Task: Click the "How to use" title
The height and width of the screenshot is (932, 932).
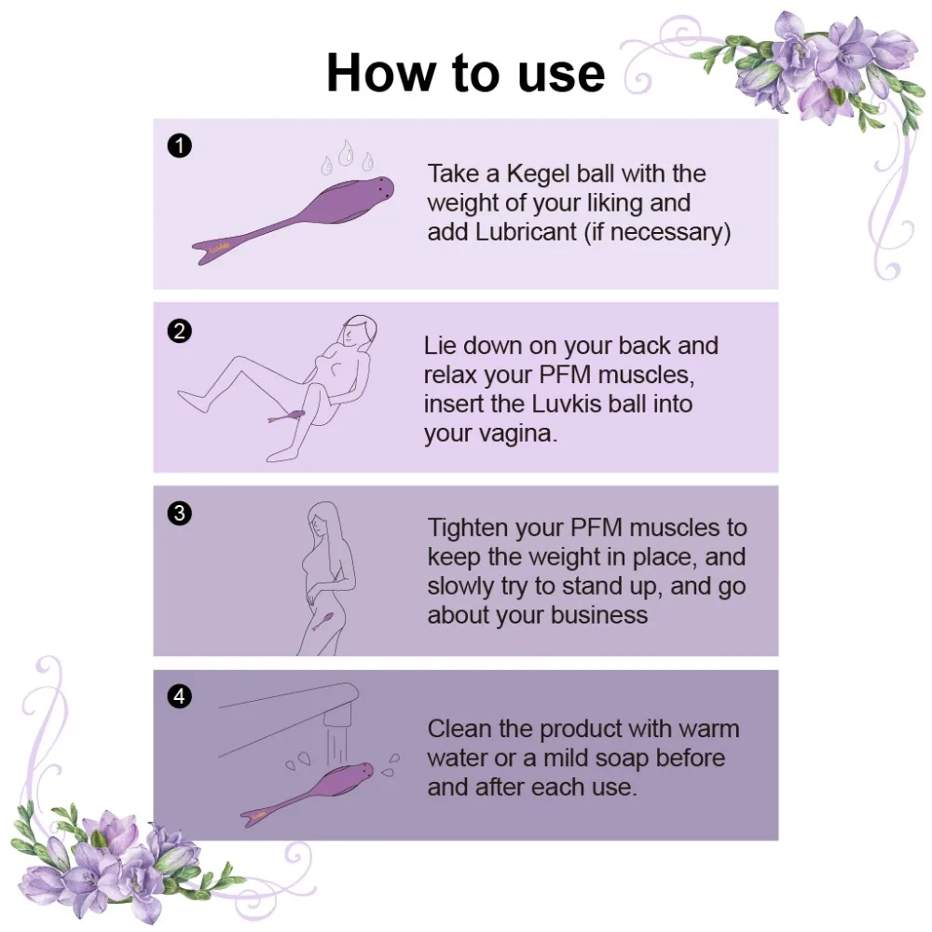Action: pyautogui.click(x=465, y=73)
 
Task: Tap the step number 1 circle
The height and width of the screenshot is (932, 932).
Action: pyautogui.click(x=179, y=145)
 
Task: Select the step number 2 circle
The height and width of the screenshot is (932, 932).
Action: pyautogui.click(x=179, y=330)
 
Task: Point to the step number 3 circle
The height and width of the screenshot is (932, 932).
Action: pyautogui.click(x=179, y=514)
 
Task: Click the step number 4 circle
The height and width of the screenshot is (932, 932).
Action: pyautogui.click(x=179, y=696)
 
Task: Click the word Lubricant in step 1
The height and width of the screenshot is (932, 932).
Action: pyautogui.click(x=527, y=232)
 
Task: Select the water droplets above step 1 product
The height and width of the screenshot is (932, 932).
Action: pyautogui.click(x=347, y=157)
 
